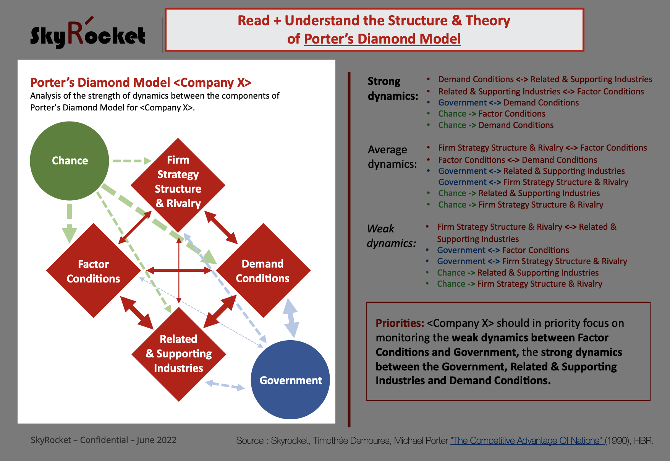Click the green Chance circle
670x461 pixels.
click(x=70, y=161)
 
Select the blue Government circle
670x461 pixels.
click(x=290, y=380)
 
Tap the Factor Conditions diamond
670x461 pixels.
click(x=93, y=271)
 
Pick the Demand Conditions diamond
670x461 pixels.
click(x=263, y=271)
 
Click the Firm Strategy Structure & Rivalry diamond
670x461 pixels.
click(x=178, y=182)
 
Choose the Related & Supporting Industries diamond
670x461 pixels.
click(x=178, y=354)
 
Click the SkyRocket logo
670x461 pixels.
click(x=88, y=35)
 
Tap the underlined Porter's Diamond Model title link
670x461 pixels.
click(x=382, y=39)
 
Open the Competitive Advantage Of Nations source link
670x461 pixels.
click(x=527, y=441)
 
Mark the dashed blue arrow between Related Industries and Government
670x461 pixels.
click(x=225, y=385)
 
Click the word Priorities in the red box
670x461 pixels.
click(x=400, y=323)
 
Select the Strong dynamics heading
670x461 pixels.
click(x=392, y=88)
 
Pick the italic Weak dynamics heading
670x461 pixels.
click(x=391, y=235)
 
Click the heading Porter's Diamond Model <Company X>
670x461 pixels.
click(x=141, y=83)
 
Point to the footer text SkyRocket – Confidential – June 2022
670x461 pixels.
click(x=104, y=440)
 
